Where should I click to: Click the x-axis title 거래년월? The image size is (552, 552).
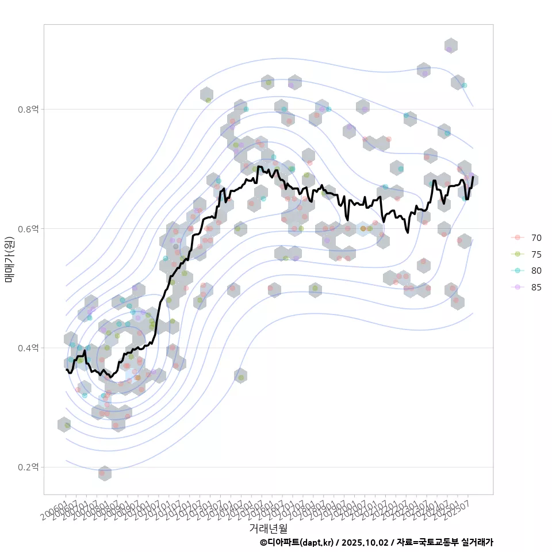coord(268,528)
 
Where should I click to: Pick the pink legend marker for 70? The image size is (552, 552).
coord(517,237)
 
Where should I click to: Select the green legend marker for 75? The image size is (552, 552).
coord(517,254)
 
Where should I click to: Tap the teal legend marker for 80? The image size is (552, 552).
coord(517,271)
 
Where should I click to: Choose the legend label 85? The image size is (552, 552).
coord(536,287)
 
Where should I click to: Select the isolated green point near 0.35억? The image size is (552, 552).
coord(241,377)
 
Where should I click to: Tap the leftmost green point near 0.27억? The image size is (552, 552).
coord(67,425)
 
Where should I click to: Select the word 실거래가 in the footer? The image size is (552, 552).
coord(478,542)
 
